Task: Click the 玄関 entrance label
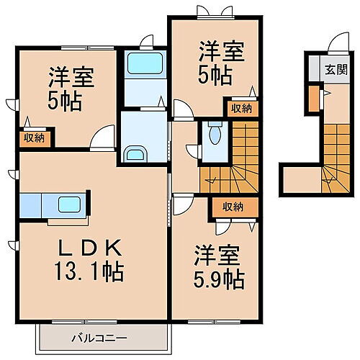(x=334, y=71)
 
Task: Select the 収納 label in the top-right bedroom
(x=242, y=109)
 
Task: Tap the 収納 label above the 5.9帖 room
(x=233, y=207)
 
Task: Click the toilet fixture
(x=214, y=133)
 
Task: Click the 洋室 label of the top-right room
(x=222, y=52)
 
